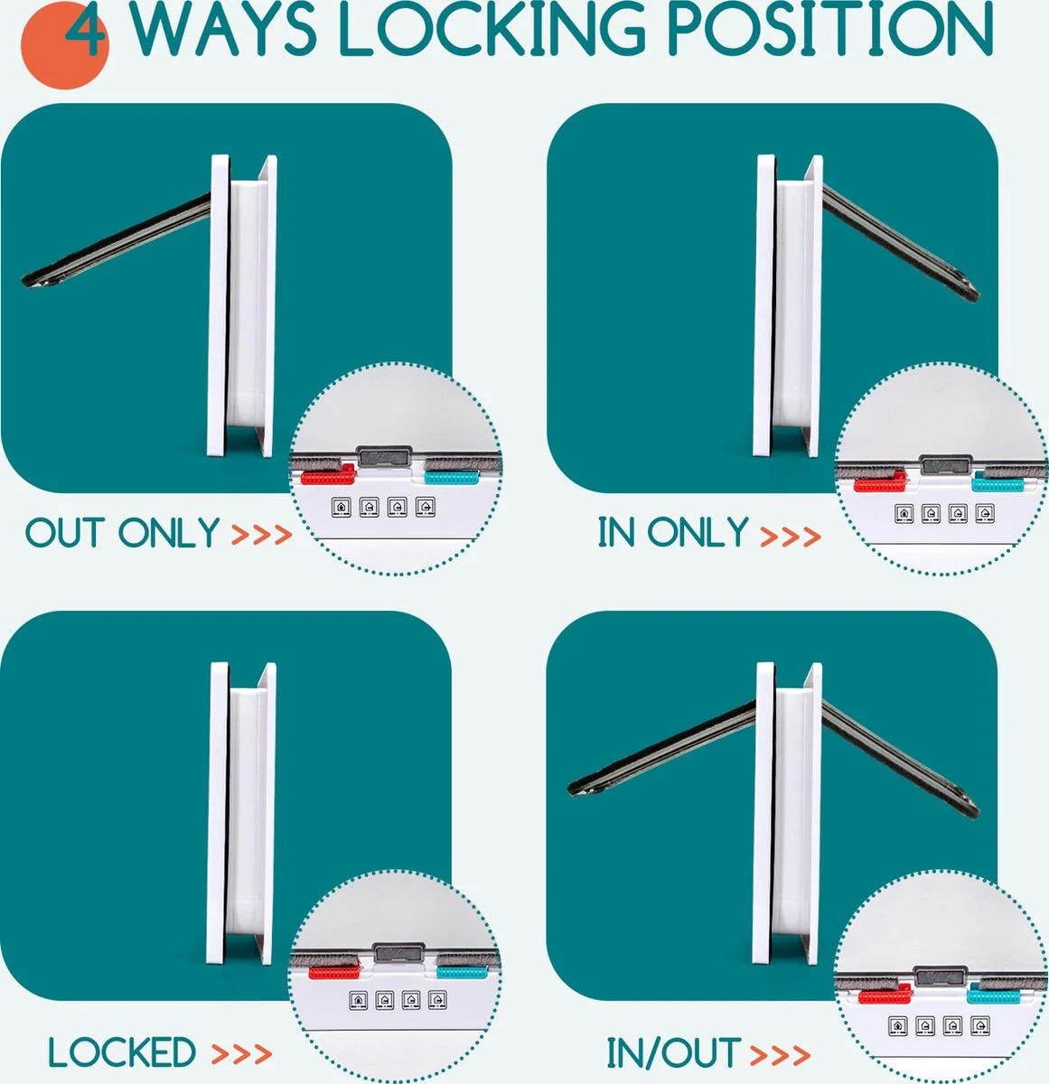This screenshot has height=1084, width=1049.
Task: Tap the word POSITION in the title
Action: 830,30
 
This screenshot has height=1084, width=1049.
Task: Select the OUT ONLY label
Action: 123,533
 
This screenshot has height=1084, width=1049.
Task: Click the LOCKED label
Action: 122,1051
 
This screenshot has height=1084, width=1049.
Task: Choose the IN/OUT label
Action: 673,1052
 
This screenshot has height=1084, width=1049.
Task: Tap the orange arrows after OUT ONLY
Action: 262,535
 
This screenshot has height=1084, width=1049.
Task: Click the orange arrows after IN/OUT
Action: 780,1055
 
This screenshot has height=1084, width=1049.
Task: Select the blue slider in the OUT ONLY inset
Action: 452,477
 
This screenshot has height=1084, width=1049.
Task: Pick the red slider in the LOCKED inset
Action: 334,973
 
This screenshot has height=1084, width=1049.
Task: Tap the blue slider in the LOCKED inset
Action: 463,973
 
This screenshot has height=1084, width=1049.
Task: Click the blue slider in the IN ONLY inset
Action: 997,482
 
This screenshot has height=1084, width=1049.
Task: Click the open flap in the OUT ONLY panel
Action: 116,240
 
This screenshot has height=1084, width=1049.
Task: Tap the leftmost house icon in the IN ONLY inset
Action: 904,513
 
